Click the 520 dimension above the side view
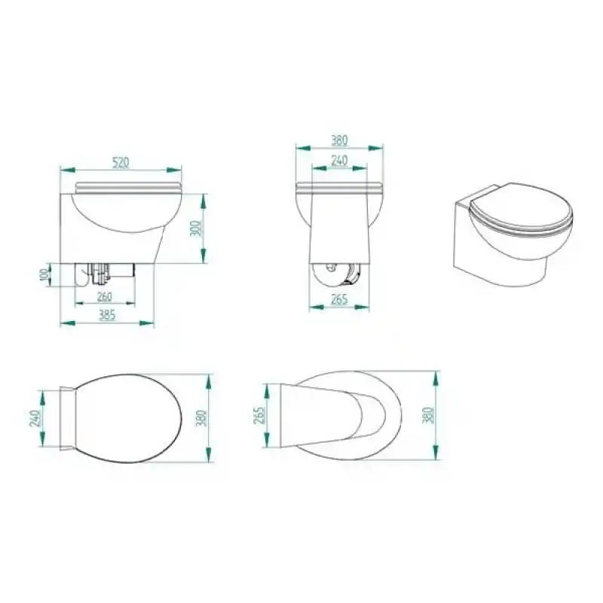click(121, 161)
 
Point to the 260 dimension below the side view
click(106, 296)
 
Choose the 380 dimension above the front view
click(340, 140)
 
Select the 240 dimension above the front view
click(340, 160)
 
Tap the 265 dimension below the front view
click(340, 300)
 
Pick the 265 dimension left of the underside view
click(259, 415)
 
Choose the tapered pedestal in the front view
click(340, 230)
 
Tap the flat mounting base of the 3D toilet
click(461, 234)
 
